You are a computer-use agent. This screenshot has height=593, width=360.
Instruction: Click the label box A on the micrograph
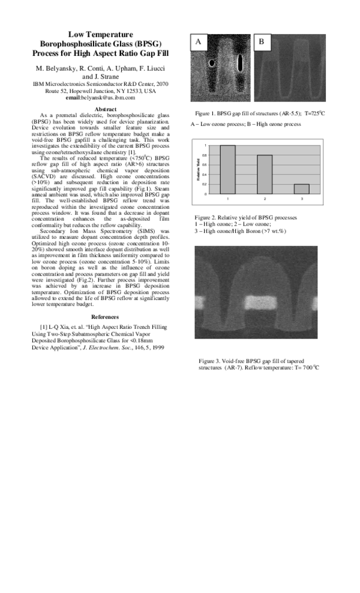(x=199, y=41)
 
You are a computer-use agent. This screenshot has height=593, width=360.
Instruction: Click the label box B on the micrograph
(x=262, y=41)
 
